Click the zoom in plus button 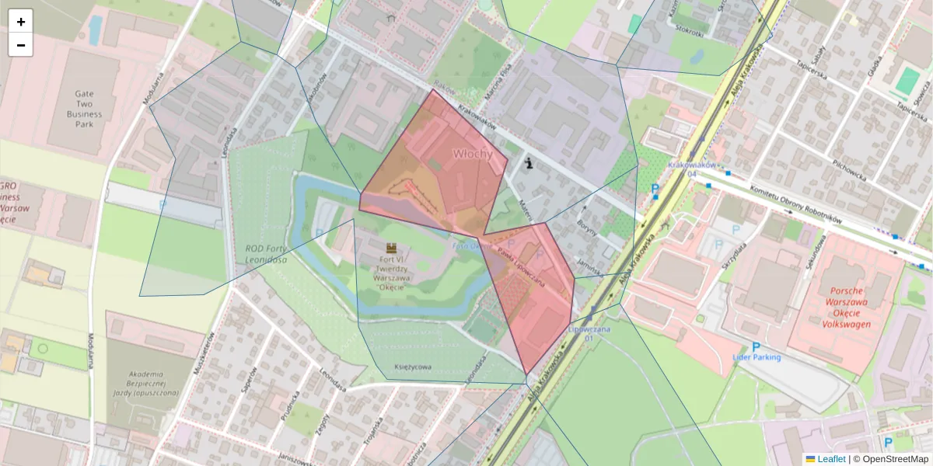click(x=21, y=22)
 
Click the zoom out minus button click(x=21, y=45)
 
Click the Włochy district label click(x=473, y=154)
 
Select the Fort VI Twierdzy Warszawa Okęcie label click(x=390, y=272)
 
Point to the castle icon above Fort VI click(x=390, y=247)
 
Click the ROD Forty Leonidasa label click(x=260, y=254)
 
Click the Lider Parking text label click(x=757, y=357)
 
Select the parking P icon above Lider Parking click(x=756, y=346)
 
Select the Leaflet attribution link click(x=830, y=459)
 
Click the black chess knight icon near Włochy click(x=529, y=163)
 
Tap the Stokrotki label click(x=690, y=30)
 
